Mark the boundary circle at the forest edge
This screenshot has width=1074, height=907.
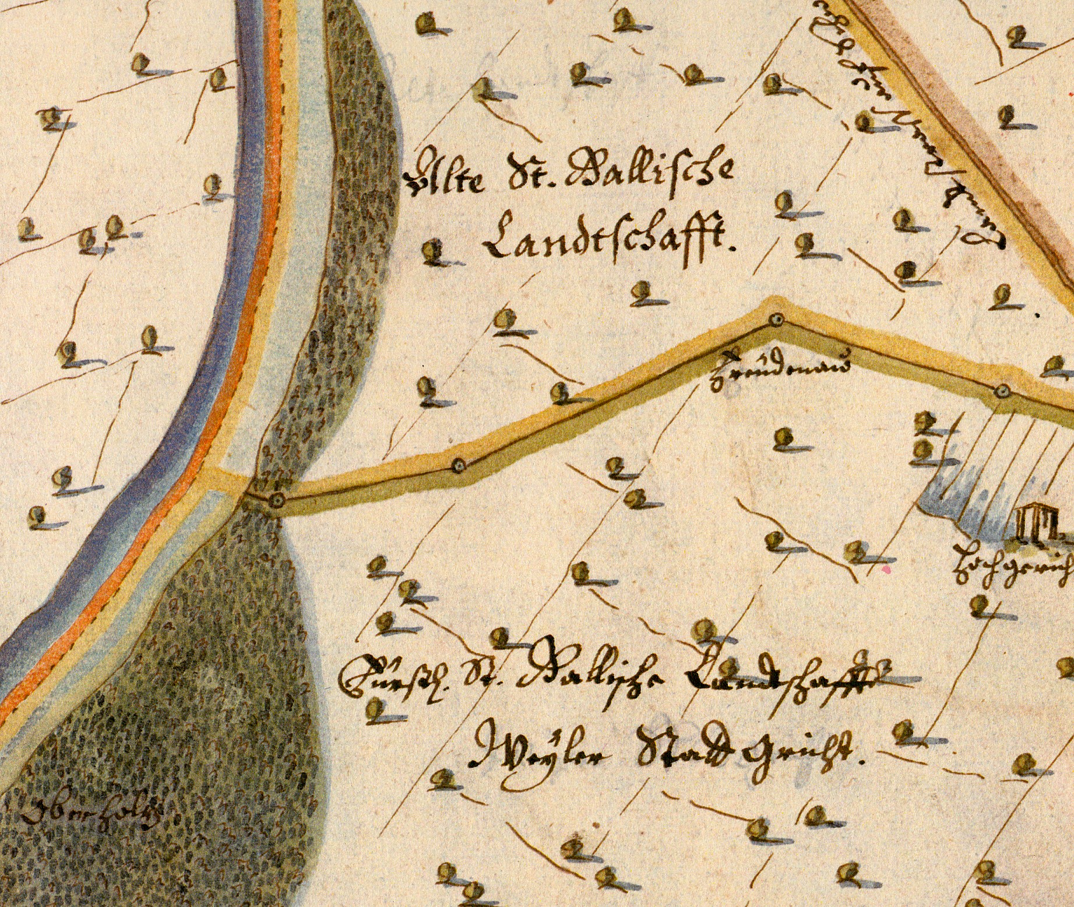[x=278, y=500]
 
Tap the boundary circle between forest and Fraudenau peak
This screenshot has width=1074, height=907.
[x=459, y=465]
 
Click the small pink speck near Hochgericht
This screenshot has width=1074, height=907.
[x=888, y=567]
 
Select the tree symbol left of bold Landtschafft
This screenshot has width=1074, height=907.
[x=433, y=251]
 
